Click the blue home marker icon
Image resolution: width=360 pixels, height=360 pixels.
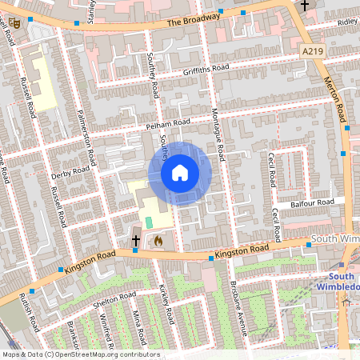pyautogui.click(x=180, y=173)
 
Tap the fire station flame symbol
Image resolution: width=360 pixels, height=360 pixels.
pyautogui.click(x=158, y=239)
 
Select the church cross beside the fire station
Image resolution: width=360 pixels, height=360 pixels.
pyautogui.click(x=136, y=239)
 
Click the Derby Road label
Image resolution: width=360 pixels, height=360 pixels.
pyautogui.click(x=70, y=171)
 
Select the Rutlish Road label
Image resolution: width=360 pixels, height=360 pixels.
pyautogui.click(x=30, y=312)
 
